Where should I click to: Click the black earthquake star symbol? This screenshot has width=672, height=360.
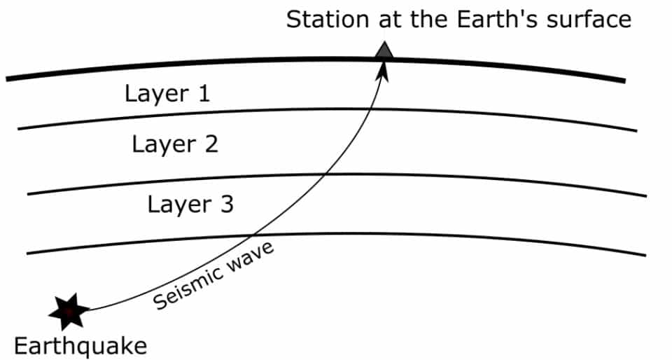pyautogui.click(x=69, y=311)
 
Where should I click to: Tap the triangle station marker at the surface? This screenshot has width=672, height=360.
pyautogui.click(x=384, y=51)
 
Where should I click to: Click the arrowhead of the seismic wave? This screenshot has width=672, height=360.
pyautogui.click(x=383, y=69)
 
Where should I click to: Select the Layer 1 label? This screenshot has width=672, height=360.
pyautogui.click(x=167, y=94)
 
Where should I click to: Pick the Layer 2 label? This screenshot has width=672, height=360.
pyautogui.click(x=175, y=145)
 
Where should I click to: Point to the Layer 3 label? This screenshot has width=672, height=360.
pyautogui.click(x=190, y=205)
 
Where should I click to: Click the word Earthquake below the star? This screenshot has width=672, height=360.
pyautogui.click(x=80, y=346)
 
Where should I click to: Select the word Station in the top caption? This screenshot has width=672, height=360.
pyautogui.click(x=327, y=19)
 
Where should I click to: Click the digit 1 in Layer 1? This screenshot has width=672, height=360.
pyautogui.click(x=202, y=94)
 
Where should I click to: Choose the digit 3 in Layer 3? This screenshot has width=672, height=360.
pyautogui.click(x=225, y=205)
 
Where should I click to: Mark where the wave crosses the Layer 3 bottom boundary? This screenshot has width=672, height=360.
pyautogui.click(x=253, y=235)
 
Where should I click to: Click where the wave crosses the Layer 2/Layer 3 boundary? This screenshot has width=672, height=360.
pyautogui.click(x=324, y=174)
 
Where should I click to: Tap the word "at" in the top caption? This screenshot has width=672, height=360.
pyautogui.click(x=388, y=19)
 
